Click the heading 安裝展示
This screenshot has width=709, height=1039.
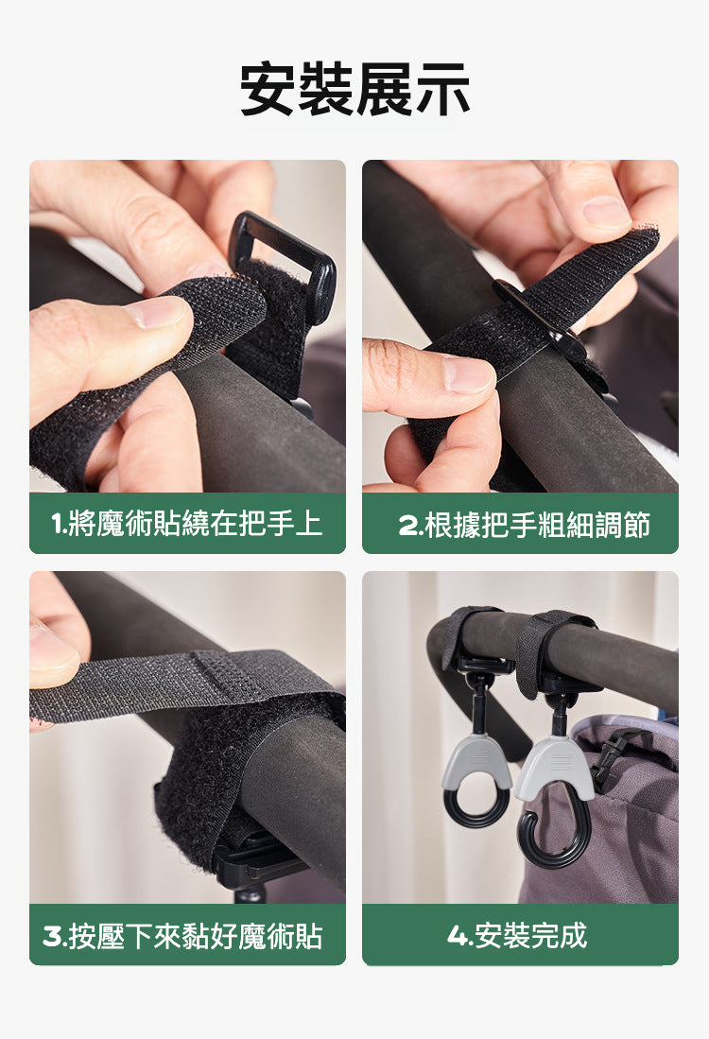(354, 89)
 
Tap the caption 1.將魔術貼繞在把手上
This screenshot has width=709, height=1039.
(187, 524)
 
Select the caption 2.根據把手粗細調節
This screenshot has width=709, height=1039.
(524, 524)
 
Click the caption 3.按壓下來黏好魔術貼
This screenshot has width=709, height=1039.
(182, 936)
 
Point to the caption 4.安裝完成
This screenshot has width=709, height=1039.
(517, 936)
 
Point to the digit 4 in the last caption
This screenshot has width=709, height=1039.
(458, 936)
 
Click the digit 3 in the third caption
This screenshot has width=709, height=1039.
(52, 936)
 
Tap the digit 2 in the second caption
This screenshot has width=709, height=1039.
(407, 525)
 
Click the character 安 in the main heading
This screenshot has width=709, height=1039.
(268, 89)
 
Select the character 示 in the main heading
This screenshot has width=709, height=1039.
(442, 89)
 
